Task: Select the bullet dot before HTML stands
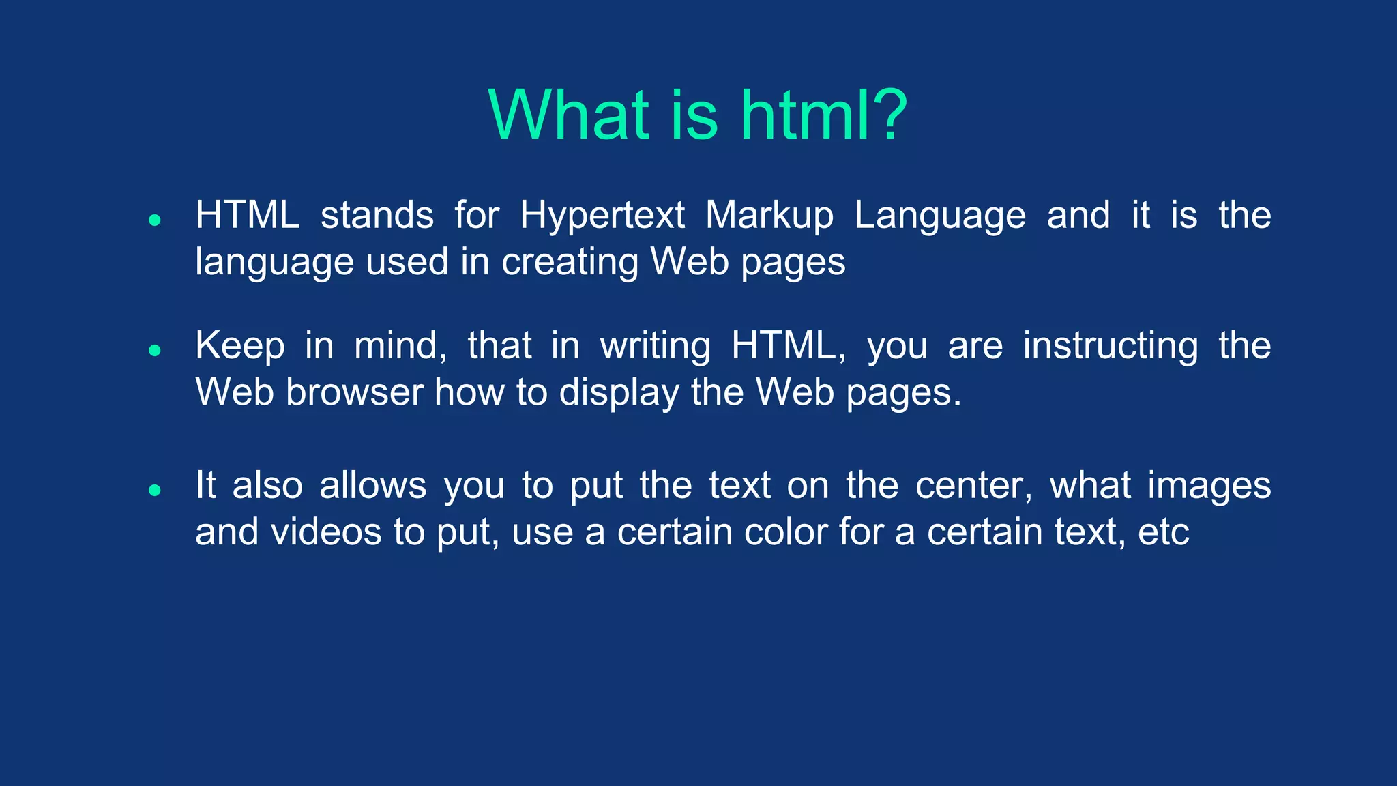[155, 220]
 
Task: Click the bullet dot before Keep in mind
[155, 350]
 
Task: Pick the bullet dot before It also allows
[155, 490]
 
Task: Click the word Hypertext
[602, 216]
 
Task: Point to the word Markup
[769, 216]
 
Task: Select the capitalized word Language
[939, 216]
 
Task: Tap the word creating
[570, 263]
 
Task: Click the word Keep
[239, 346]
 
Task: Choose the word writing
[655, 347]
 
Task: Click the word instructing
[1110, 347]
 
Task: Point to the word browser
[355, 392]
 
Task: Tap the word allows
[372, 486]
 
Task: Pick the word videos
[326, 532]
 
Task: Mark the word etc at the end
[1163, 533]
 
